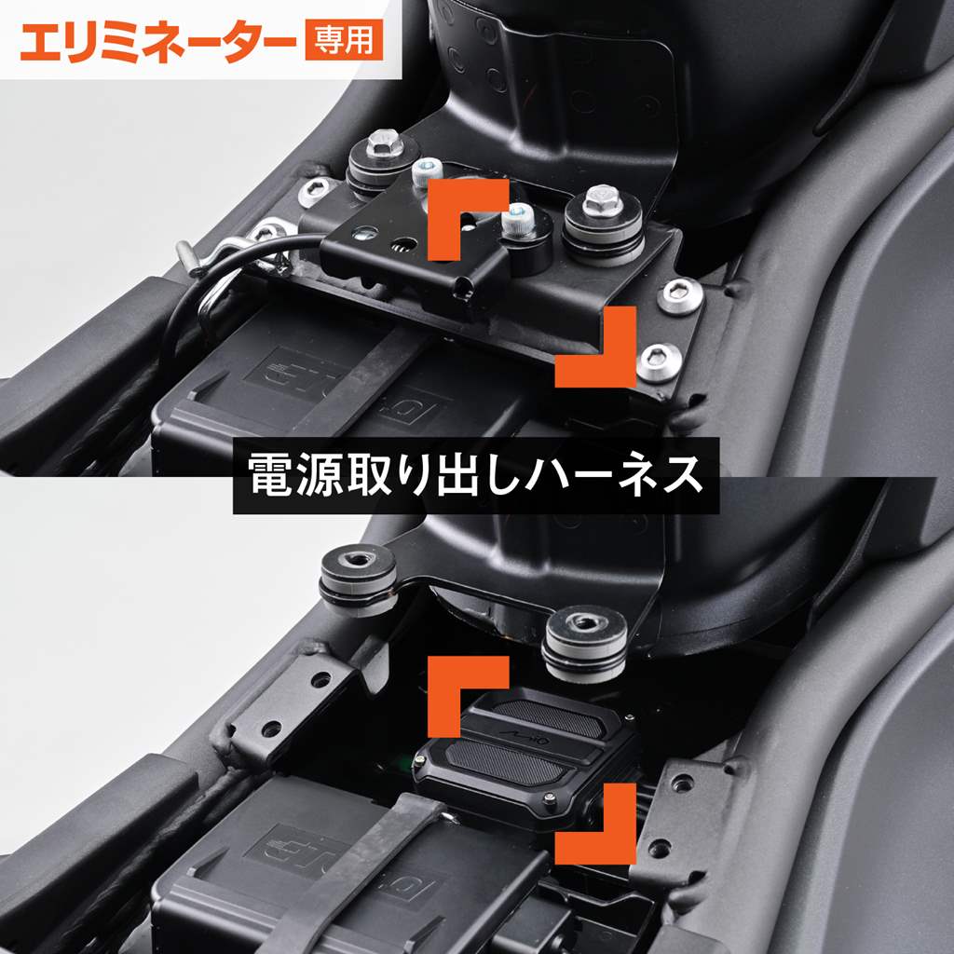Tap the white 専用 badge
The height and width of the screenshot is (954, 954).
tap(344, 40)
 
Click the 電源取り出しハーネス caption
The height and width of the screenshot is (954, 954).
tap(476, 475)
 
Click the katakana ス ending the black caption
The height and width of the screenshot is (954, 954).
tap(681, 475)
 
